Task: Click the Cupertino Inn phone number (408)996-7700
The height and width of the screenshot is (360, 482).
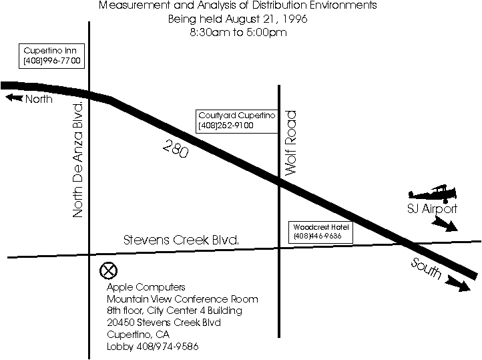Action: coord(51,61)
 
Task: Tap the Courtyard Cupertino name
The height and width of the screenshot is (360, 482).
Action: coord(237,116)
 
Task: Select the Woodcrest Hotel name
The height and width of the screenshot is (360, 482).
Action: coord(321,227)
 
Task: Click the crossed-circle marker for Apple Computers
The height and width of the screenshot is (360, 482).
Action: coord(109,271)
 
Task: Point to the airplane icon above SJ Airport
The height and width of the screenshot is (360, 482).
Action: coord(433,194)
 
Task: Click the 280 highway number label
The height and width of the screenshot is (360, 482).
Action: coord(176,148)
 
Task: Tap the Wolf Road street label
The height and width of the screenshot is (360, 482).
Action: coord(290,143)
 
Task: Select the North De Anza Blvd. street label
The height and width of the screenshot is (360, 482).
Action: coord(77,160)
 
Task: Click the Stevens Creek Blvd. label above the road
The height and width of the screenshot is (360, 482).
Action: coord(181,240)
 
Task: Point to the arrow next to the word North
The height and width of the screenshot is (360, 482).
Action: coord(14,98)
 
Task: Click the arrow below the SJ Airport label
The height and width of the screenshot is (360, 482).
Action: coord(445,224)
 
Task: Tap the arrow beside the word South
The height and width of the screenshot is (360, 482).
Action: coord(459,283)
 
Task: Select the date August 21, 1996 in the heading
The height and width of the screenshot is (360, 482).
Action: coord(266,19)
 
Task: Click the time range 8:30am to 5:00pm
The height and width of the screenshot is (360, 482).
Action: coord(238,32)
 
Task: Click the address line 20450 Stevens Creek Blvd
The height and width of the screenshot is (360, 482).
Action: coord(164,323)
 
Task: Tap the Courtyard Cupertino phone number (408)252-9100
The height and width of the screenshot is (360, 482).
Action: coord(226,126)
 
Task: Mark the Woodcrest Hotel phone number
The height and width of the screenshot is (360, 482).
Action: coord(318,236)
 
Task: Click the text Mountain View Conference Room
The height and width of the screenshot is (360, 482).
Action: coord(182,299)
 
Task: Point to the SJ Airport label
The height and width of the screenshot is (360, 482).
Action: coord(432,209)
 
